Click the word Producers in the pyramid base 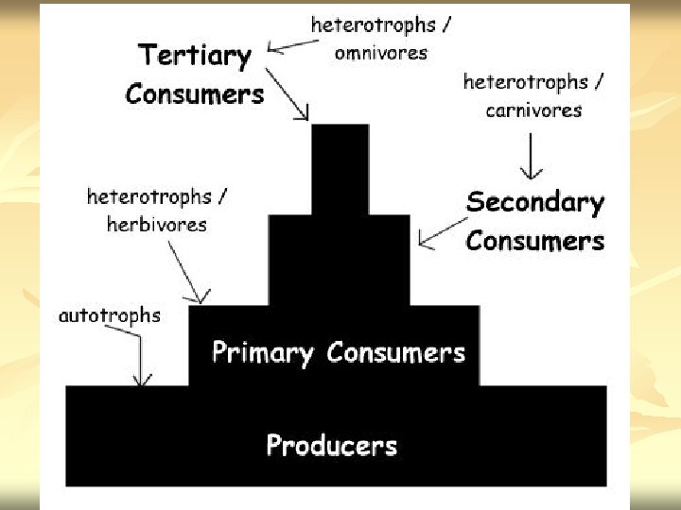click(331, 445)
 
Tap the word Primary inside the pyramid click(262, 353)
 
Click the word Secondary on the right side click(534, 202)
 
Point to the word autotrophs click(109, 316)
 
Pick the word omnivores click(380, 53)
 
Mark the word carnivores click(533, 110)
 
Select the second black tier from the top click(340, 260)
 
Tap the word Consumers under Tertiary click(194, 94)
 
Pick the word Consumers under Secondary click(534, 241)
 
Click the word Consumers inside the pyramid click(395, 353)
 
